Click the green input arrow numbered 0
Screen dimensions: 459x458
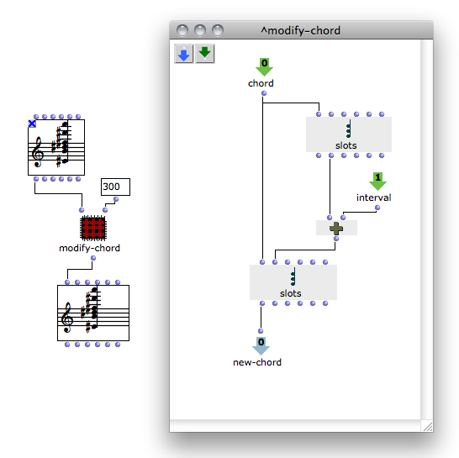click(x=264, y=66)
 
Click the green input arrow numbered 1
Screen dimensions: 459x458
click(x=377, y=182)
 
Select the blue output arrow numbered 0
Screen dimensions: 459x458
click(x=261, y=346)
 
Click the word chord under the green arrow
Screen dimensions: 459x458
click(x=261, y=83)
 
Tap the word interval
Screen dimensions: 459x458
click(x=374, y=197)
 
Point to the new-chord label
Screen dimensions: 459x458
click(x=257, y=362)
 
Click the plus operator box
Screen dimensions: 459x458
click(x=336, y=228)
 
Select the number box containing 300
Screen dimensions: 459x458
click(x=115, y=187)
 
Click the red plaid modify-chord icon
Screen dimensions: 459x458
click(x=93, y=228)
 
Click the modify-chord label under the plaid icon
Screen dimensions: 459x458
click(x=90, y=248)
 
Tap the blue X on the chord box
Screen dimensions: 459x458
click(x=32, y=124)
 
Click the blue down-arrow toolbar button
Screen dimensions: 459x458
click(x=184, y=54)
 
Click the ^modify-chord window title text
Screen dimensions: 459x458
click(x=301, y=30)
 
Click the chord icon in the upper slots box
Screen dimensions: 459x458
click(x=348, y=129)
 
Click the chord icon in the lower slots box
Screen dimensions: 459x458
click(x=293, y=276)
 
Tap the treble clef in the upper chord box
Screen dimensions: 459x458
click(x=38, y=152)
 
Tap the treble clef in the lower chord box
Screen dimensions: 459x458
click(x=66, y=317)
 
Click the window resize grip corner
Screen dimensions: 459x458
click(x=427, y=426)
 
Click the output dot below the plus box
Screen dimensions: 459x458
click(x=336, y=239)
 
